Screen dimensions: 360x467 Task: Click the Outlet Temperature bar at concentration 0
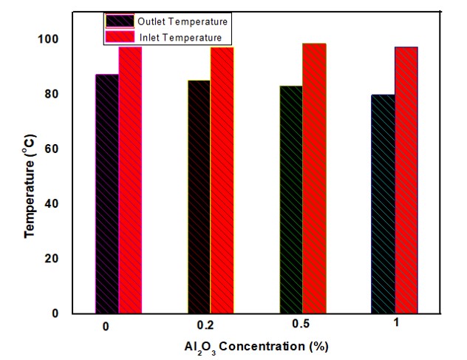pos(107,194)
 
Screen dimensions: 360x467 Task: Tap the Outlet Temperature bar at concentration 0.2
pos(199,197)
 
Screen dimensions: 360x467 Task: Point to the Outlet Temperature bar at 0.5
pos(291,200)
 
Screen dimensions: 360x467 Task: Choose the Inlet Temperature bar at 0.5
pos(314,178)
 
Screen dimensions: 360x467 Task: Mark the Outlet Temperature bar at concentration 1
pos(383,204)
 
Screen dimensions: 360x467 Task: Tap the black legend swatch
pos(119,21)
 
